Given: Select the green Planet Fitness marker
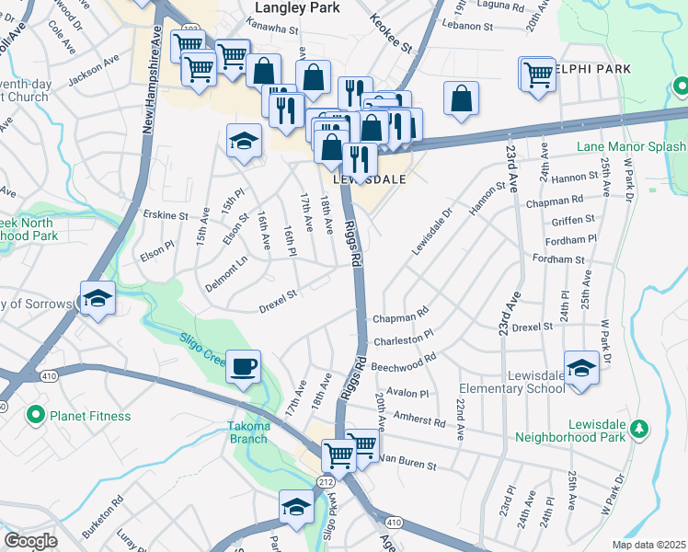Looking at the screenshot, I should (36, 416).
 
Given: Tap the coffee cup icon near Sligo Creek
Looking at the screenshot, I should (243, 366).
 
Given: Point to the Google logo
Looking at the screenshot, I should (30, 541).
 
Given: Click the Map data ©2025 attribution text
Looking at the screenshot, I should (649, 544).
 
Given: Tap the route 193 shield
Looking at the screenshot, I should (193, 30).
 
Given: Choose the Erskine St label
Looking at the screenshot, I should (166, 216).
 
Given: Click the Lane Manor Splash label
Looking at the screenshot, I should (631, 146).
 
